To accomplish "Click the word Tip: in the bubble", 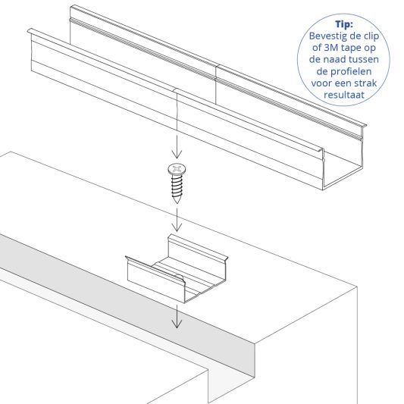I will (349, 23).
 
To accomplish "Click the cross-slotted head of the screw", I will (177, 168).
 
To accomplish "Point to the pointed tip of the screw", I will (177, 202).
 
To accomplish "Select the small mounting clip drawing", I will (176, 269).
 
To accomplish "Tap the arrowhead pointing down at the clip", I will (177, 228).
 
